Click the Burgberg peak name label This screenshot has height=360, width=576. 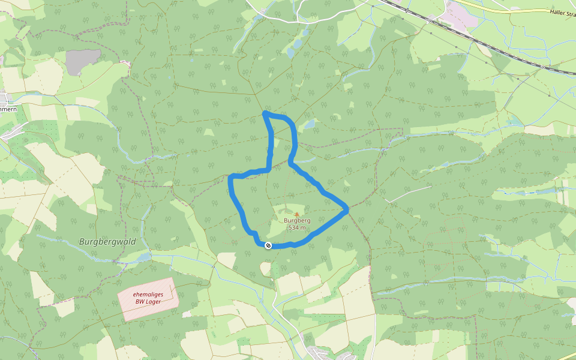tap(296, 220)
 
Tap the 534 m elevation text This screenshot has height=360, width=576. tap(296, 227)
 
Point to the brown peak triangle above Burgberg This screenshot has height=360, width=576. tap(296, 214)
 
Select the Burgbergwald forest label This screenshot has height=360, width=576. tap(107, 242)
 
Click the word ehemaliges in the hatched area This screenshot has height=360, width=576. tap(148, 294)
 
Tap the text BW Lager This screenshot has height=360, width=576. tap(148, 302)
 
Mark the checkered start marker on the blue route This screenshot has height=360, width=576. tap(268, 245)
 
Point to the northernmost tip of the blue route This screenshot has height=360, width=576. tap(265, 112)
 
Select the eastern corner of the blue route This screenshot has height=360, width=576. tap(346, 209)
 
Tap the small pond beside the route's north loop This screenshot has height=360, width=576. tap(309, 125)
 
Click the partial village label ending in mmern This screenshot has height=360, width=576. tap(8, 109)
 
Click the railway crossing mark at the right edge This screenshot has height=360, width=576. tap(544, 67)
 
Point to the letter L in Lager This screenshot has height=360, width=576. tap(146, 302)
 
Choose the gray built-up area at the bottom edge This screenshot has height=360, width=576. tap(318, 353)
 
